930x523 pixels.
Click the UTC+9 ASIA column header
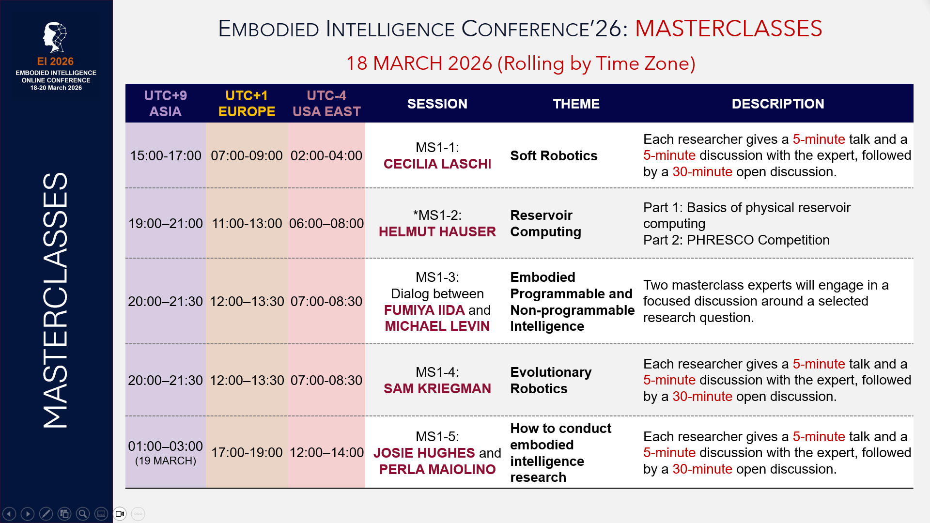pos(165,103)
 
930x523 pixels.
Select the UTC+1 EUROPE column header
pos(247,103)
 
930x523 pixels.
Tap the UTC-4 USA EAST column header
pos(326,103)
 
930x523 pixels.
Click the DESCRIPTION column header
pos(778,104)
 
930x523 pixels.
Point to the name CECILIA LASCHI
pos(437,164)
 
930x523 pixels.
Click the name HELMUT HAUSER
pos(437,231)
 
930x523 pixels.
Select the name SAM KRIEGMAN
pos(437,388)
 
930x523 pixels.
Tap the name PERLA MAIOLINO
pos(437,469)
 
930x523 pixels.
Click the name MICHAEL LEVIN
pos(437,326)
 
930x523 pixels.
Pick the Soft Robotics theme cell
pos(554,155)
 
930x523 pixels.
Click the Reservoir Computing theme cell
pos(546,223)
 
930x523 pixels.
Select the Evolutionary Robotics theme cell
pos(551,380)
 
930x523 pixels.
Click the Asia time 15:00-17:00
pos(165,155)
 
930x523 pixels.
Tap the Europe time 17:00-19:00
pos(247,452)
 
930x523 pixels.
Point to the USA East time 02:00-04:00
pos(326,155)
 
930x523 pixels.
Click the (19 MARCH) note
pos(165,461)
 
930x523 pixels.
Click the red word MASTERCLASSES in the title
pos(728,29)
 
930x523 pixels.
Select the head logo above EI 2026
pos(55,37)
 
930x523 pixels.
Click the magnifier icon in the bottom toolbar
pos(83,514)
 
